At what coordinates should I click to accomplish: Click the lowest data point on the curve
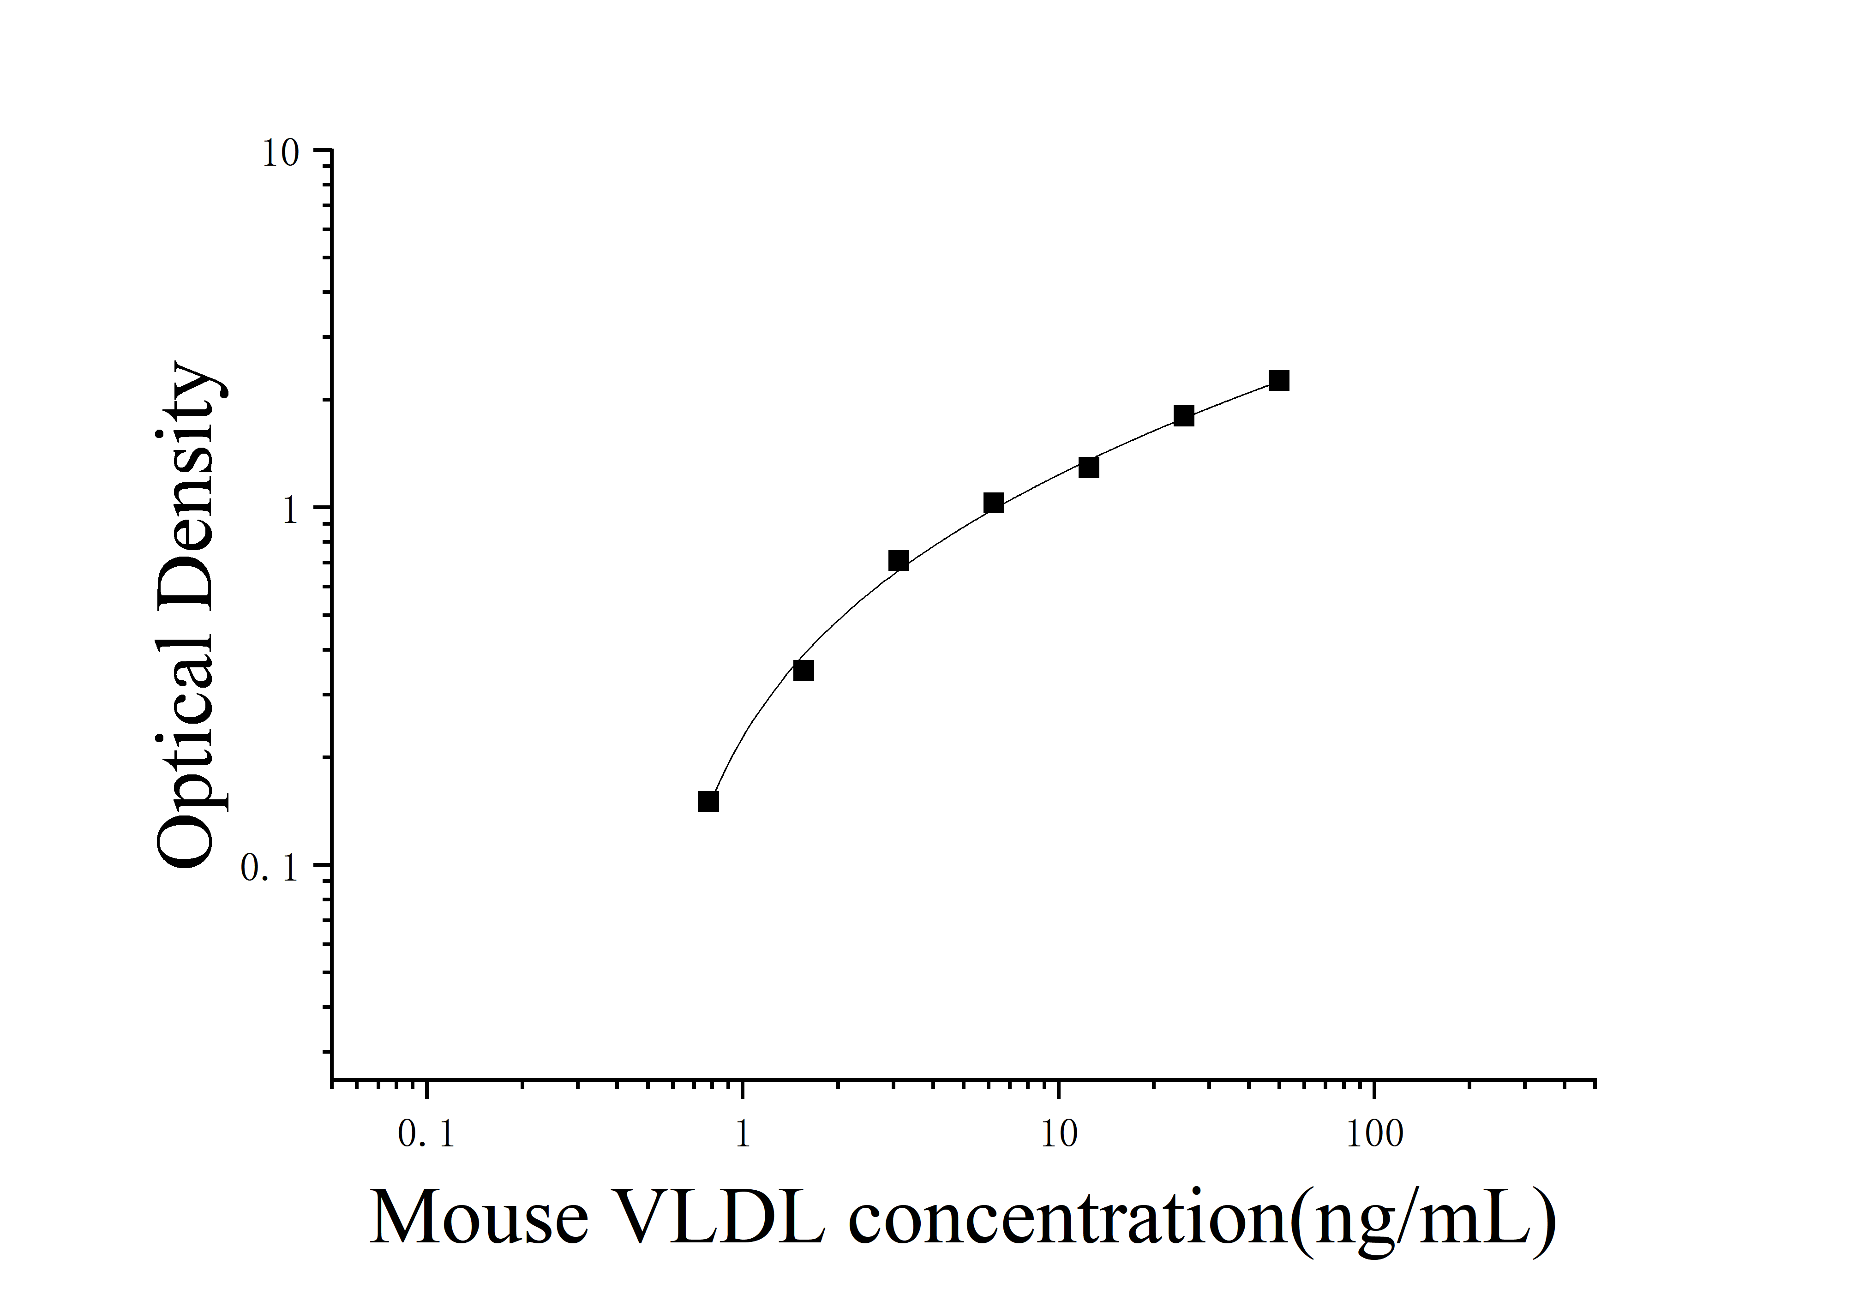click(708, 801)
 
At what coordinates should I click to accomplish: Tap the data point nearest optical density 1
click(994, 504)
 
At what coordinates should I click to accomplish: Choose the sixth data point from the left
click(1183, 416)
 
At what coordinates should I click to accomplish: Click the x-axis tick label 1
click(743, 1135)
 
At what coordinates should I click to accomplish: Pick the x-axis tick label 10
click(1058, 1135)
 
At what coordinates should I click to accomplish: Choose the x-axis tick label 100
click(1374, 1135)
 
